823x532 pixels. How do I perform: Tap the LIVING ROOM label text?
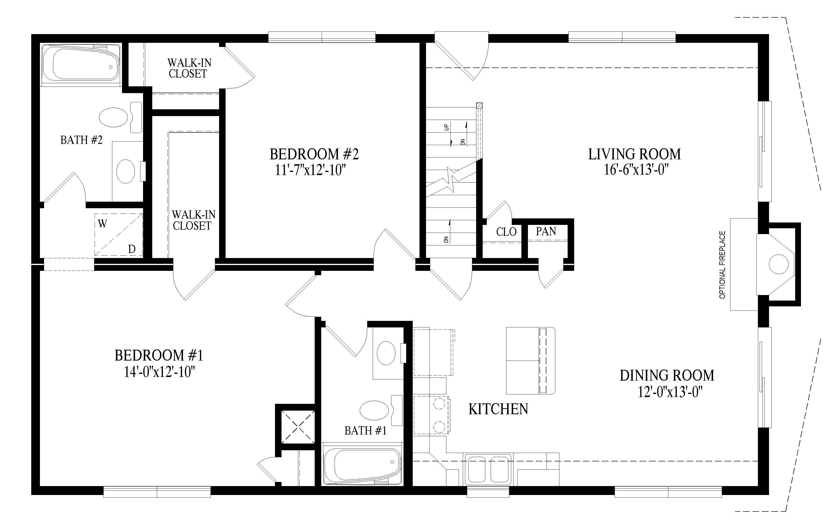pyautogui.click(x=634, y=154)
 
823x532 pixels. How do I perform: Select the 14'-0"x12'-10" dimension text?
pyautogui.click(x=160, y=372)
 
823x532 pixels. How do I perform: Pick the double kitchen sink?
pyautogui.click(x=488, y=469)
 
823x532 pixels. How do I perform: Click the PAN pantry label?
pyautogui.click(x=546, y=231)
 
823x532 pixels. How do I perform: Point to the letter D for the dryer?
pyautogui.click(x=132, y=249)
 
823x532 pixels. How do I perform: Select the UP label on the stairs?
pyautogui.click(x=446, y=127)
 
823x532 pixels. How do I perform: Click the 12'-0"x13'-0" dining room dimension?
pyautogui.click(x=670, y=392)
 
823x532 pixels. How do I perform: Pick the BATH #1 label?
pyautogui.click(x=366, y=431)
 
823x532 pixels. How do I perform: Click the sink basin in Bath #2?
pyautogui.click(x=126, y=171)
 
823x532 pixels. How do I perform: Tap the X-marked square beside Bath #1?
pyautogui.click(x=298, y=427)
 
